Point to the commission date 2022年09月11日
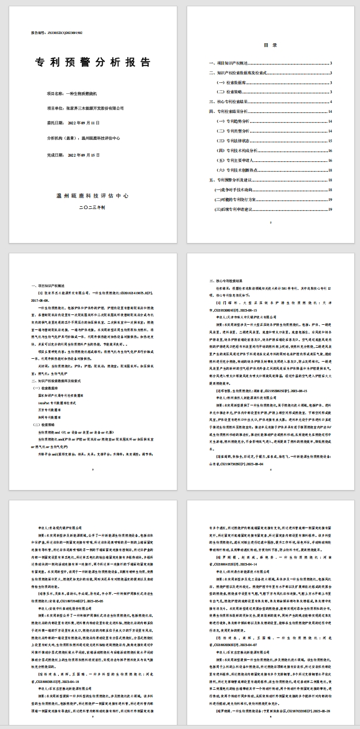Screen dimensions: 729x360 [x=84, y=123]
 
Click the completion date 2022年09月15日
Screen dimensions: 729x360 [x=84, y=155]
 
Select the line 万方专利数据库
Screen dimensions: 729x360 [x=50, y=409]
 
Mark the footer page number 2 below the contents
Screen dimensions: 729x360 [x=270, y=222]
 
